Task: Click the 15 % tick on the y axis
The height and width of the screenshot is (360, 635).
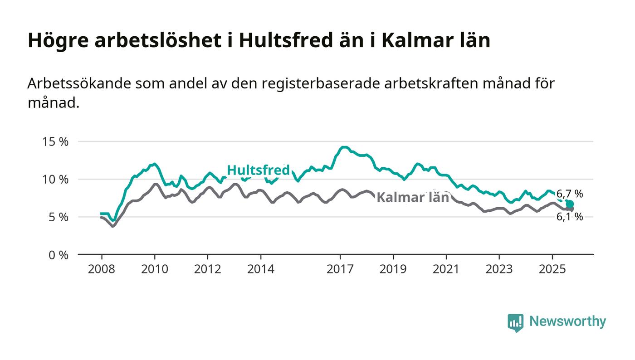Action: (55, 141)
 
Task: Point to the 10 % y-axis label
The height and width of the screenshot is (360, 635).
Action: (55, 179)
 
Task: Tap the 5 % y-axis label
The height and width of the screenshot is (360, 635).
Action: (59, 217)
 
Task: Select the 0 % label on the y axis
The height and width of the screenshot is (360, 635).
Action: (59, 255)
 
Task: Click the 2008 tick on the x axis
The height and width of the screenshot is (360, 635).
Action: (101, 269)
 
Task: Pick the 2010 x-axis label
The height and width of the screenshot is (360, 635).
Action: (154, 269)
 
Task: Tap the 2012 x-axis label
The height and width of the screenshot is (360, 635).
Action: (207, 269)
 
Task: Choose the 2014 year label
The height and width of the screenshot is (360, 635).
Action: (260, 269)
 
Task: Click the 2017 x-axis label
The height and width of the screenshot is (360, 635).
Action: (340, 269)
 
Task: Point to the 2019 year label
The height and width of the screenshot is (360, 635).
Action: (393, 269)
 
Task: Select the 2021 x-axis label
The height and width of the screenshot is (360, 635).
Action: (446, 269)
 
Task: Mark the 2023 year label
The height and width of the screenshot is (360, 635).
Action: (499, 269)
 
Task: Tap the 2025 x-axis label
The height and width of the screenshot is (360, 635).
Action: (552, 269)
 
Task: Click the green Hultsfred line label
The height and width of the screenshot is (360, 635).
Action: (258, 170)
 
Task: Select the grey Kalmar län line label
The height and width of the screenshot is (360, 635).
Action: (413, 198)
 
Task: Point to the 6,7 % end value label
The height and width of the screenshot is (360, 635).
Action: (570, 194)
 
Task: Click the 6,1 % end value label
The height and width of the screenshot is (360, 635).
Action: (570, 217)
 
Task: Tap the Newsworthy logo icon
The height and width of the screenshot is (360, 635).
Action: (515, 322)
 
